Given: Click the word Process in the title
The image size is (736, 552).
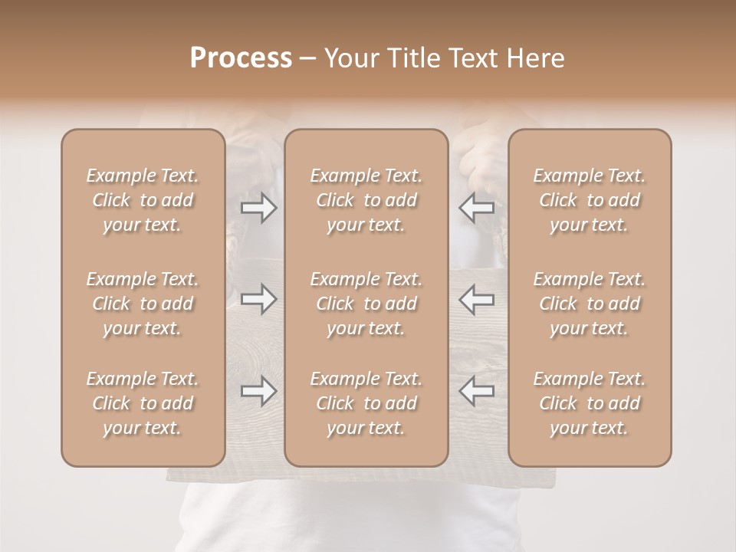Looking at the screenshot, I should [241, 58].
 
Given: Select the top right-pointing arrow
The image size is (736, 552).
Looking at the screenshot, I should [258, 208].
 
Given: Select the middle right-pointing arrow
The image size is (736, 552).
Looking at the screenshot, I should [258, 299].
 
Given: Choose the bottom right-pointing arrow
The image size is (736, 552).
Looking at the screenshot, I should [258, 391].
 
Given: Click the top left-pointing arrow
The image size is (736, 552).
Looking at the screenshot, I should [476, 208].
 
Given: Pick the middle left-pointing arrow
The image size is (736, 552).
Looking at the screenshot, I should [476, 299].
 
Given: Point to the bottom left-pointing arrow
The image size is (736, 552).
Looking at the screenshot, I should [476, 391].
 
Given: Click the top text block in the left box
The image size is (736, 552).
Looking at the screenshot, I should [143, 200].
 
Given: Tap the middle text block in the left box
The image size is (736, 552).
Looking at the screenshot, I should [143, 304].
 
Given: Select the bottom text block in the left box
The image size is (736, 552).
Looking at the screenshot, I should [143, 403].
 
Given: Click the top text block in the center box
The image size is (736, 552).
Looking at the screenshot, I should [366, 200].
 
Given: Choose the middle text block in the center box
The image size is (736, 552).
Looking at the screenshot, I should [366, 304].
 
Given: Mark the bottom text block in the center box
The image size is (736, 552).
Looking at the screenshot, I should [366, 403].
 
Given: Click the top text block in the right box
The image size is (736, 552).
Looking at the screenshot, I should [589, 200].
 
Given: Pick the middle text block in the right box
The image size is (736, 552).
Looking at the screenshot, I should [589, 304].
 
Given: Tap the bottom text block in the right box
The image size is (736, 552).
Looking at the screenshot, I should [589, 403].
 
